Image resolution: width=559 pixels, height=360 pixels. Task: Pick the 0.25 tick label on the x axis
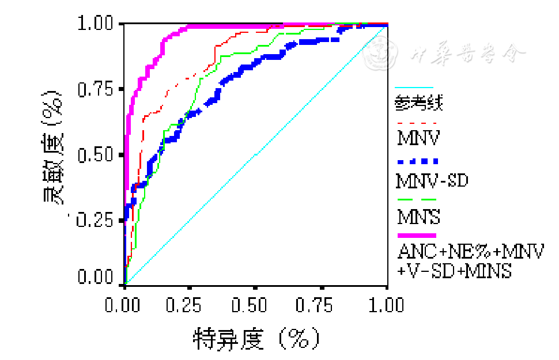(x=190, y=304)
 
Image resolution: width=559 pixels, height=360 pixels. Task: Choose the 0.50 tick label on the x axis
(x=256, y=304)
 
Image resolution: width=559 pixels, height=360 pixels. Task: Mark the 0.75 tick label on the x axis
(x=322, y=304)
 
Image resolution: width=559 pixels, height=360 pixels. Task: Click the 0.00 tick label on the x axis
(x=124, y=304)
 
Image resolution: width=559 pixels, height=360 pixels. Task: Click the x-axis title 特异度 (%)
(x=256, y=338)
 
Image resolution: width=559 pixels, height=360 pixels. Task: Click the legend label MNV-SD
(x=432, y=181)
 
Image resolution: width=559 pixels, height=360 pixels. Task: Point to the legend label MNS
(x=419, y=217)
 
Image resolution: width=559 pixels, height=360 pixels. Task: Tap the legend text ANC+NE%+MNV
(x=470, y=252)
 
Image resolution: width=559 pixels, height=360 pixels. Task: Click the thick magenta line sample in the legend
(x=417, y=235)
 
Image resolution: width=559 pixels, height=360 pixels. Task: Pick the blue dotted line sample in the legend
(x=417, y=161)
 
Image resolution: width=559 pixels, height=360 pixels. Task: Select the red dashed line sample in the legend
(x=417, y=123)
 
